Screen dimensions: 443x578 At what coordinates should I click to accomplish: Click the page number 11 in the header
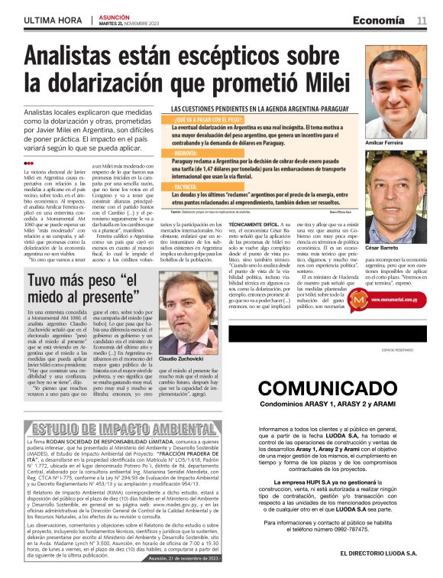tap(422, 20)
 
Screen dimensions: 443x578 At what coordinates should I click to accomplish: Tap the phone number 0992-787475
tap(361, 528)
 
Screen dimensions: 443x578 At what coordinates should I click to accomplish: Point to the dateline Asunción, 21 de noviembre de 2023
tap(186, 559)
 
